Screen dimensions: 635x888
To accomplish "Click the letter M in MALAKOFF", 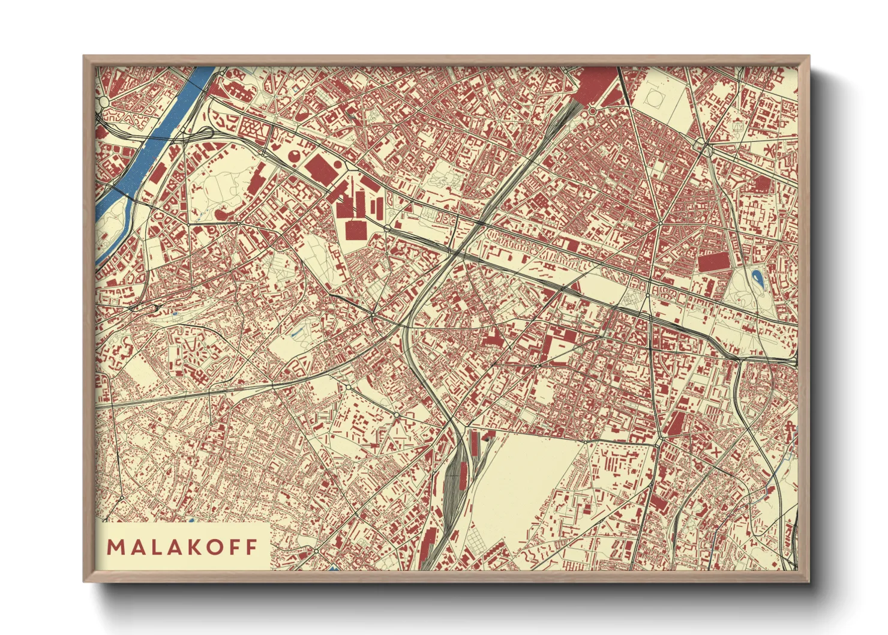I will (115, 547).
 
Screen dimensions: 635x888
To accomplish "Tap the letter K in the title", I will (194, 547).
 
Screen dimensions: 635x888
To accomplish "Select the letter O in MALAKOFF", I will (214, 547).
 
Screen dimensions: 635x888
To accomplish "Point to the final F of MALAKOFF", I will (251, 547).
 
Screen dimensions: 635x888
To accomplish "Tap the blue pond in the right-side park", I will (757, 277).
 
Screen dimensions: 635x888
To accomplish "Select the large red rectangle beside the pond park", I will (712, 262).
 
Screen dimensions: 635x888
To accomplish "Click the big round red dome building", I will (296, 156).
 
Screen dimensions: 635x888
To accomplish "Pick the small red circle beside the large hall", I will (338, 164).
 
